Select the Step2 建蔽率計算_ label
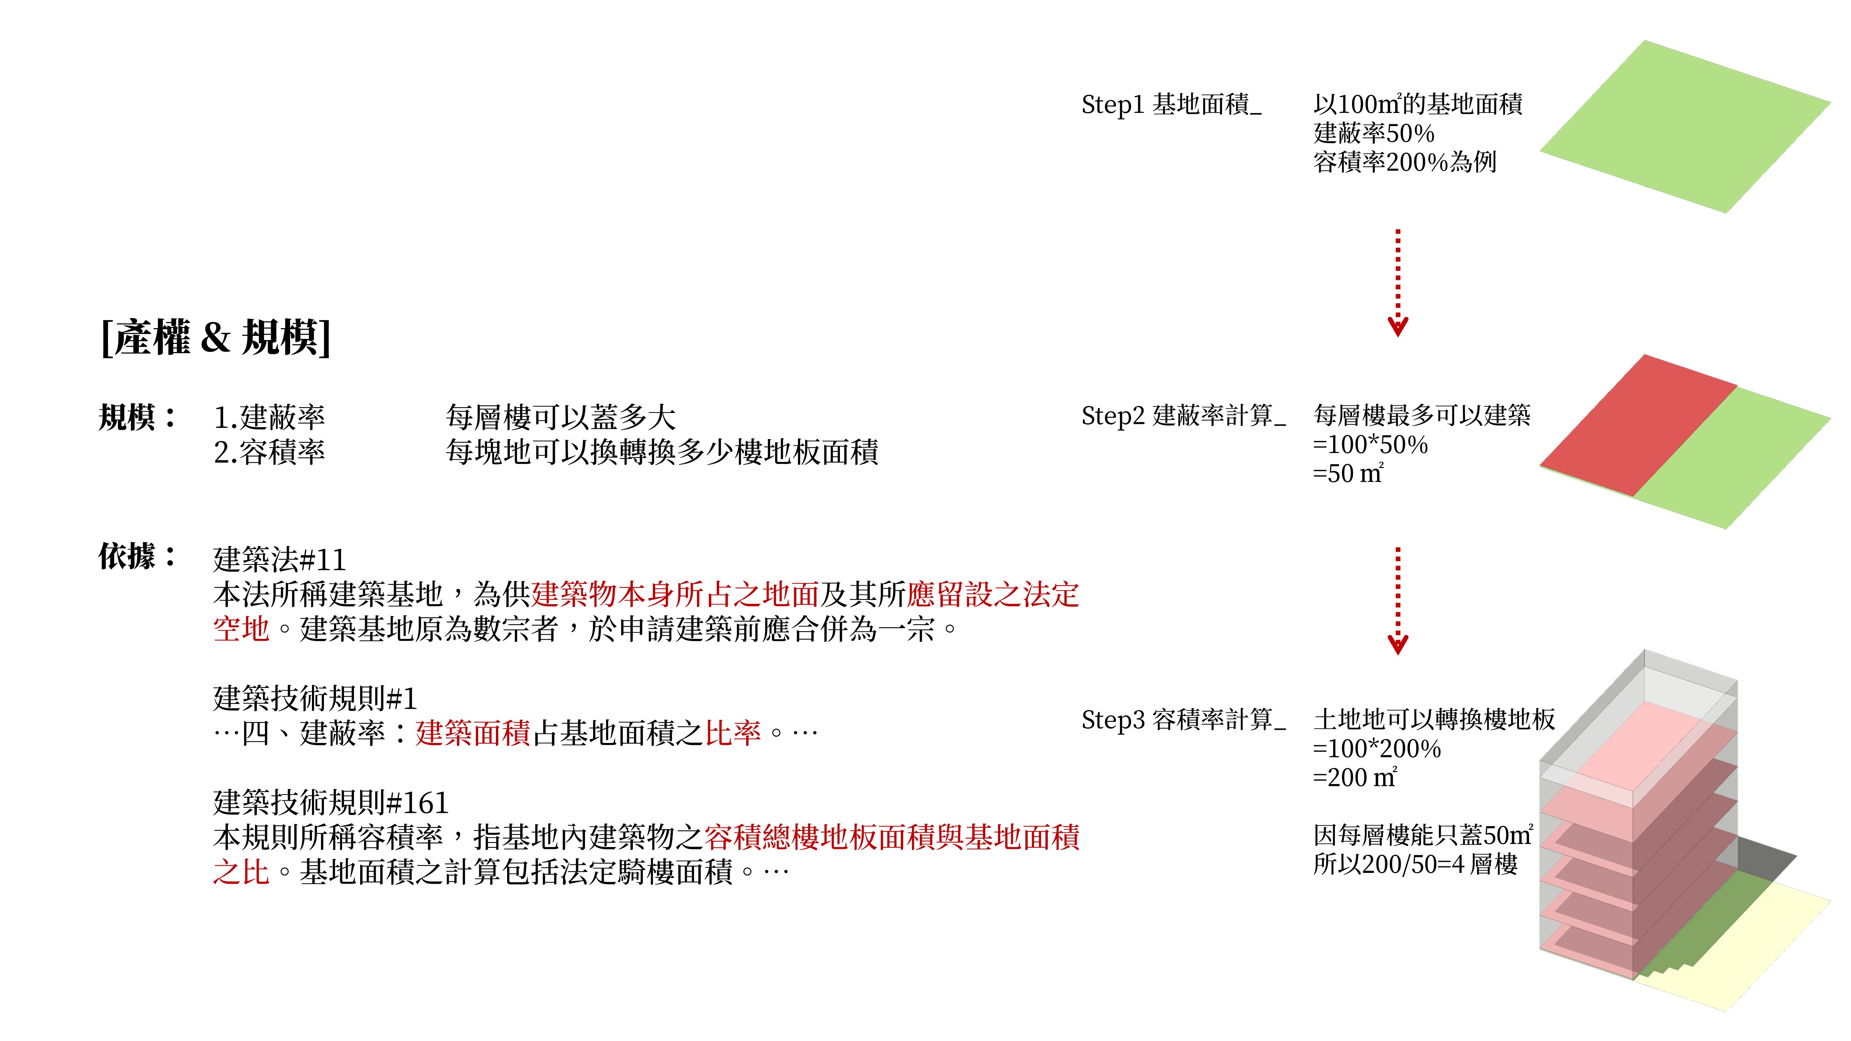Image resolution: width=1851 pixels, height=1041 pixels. coord(1183,416)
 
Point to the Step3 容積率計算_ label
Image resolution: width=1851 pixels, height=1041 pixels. coord(1183,720)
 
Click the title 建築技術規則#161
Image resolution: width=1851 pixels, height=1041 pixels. coord(330,802)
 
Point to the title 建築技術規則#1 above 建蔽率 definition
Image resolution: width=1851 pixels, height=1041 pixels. coord(315,698)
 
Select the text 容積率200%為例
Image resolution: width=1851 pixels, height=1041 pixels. coord(1405,162)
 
